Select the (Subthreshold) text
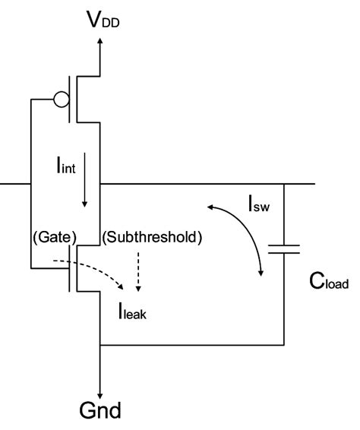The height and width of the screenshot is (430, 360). (152, 236)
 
